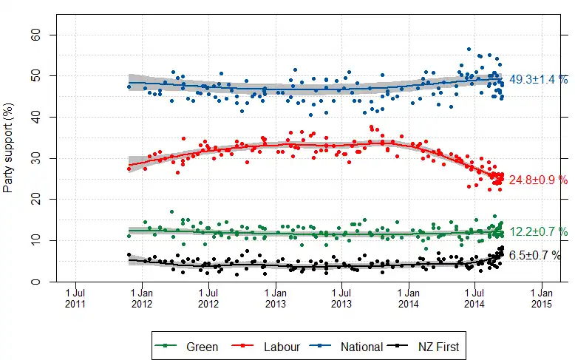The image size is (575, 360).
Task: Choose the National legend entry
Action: [361, 346]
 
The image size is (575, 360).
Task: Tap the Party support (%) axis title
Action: [9, 158]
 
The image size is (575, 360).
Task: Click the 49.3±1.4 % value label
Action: [538, 80]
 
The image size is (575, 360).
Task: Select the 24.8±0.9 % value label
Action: [538, 180]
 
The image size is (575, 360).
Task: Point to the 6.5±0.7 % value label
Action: [535, 256]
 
